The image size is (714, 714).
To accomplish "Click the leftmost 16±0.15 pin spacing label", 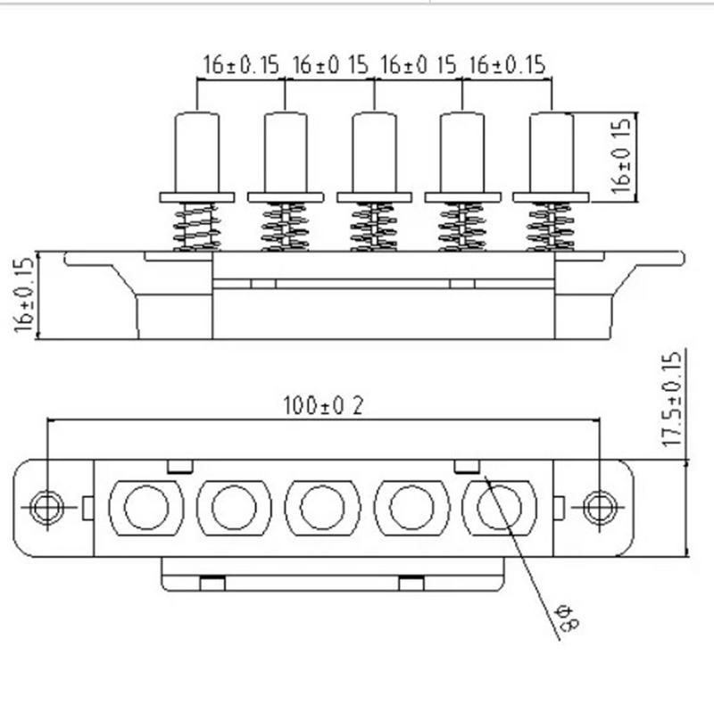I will (x=241, y=64).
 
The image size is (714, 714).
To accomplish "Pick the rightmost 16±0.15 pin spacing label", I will (x=506, y=64).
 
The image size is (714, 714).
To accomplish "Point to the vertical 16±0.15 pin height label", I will (x=624, y=157).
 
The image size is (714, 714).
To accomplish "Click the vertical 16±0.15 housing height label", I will (x=24, y=295).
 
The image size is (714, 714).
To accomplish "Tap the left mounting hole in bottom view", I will (x=46, y=508).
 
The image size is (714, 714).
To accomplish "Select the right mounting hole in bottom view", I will (x=599, y=508).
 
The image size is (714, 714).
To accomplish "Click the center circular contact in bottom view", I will (x=322, y=508).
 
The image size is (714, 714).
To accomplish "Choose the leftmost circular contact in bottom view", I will (x=145, y=508).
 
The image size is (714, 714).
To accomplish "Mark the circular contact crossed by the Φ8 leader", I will (x=499, y=508).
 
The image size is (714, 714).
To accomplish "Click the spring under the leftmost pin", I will (x=196, y=227).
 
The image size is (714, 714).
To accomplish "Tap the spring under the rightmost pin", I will (x=551, y=227).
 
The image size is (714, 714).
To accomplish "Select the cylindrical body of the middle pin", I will (x=374, y=152).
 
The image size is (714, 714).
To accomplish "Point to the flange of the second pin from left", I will (x=286, y=197).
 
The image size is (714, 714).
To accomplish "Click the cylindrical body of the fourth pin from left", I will (x=462, y=152).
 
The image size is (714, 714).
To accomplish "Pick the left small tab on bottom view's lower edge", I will (x=212, y=584).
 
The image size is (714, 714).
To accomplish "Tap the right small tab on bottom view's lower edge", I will (x=411, y=584).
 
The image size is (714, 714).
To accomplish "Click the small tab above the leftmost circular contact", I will (x=180, y=466).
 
